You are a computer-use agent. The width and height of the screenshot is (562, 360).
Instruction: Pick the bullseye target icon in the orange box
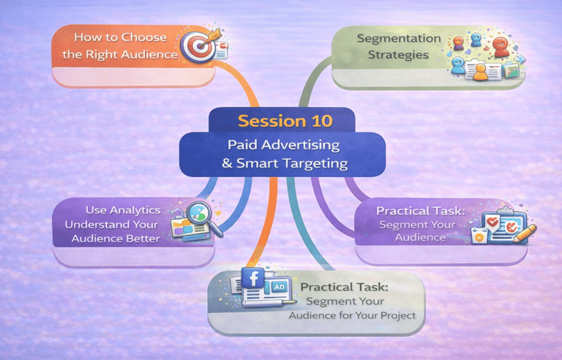[195, 45]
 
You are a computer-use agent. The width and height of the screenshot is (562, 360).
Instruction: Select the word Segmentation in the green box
[399, 38]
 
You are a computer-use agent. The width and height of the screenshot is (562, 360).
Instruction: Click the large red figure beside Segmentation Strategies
[500, 45]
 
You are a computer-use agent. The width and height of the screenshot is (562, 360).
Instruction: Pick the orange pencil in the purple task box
[526, 233]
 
